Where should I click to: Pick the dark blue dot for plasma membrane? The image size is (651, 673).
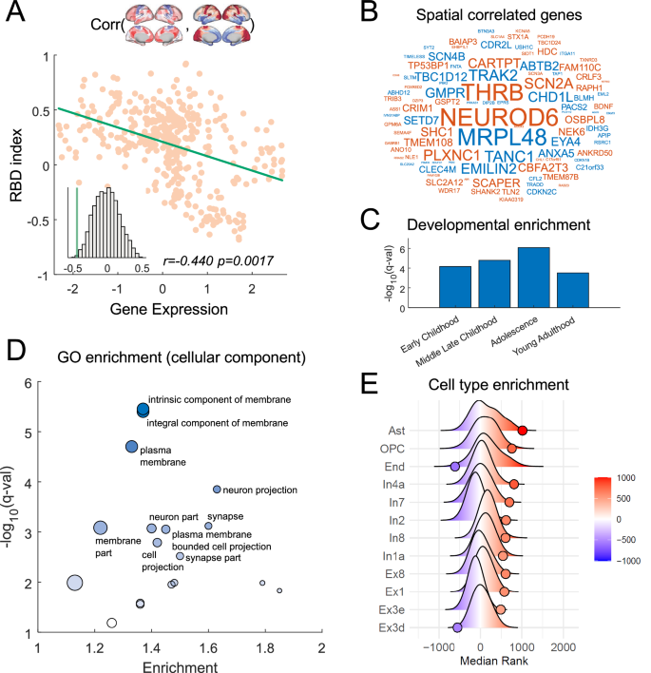coord(132,447)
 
